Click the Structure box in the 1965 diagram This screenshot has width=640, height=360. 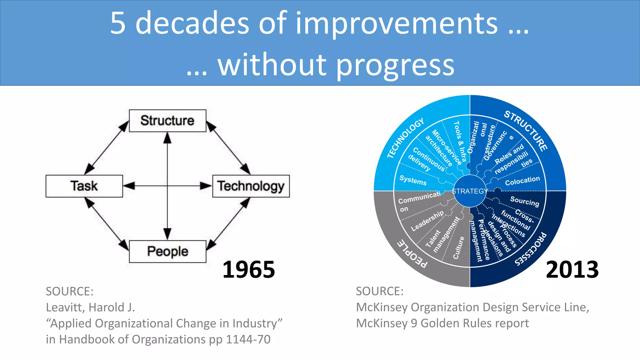pos(167,121)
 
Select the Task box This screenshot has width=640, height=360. pos(84,186)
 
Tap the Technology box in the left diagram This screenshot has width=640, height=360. pos(251,186)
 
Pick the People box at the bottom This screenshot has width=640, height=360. pos(167,251)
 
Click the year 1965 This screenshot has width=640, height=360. pos(248,269)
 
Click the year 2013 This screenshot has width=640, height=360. pos(572,269)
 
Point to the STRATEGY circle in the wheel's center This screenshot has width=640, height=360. pos(469,191)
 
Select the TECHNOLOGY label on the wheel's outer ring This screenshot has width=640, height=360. pos(405,138)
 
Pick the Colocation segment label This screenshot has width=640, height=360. pos(522,181)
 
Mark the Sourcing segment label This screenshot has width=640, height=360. pos(524,201)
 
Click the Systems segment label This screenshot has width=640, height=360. pos(413,180)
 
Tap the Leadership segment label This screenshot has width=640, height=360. pos(427,221)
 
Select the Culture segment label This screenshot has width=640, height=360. pos(458,247)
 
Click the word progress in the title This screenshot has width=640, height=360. pos(395,65)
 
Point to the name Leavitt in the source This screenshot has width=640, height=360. pos(64,307)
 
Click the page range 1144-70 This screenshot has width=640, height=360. pos(248,339)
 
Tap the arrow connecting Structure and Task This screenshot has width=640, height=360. pos(107,148)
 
